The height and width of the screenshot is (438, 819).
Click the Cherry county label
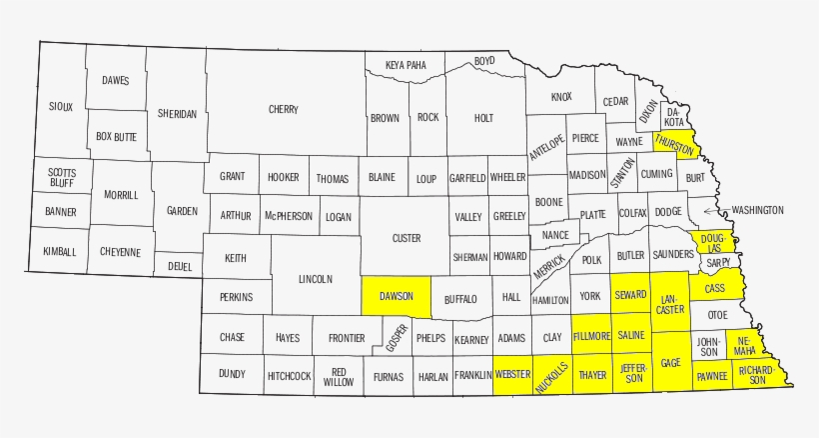[x=284, y=110]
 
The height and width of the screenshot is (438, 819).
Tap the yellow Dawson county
[x=396, y=297]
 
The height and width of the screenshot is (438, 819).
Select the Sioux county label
[x=61, y=106]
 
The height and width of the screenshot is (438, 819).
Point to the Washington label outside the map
[x=757, y=211]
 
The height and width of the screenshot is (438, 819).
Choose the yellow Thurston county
[x=674, y=144]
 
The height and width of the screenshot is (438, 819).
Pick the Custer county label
[x=406, y=238]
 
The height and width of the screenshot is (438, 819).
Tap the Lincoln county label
[x=315, y=279]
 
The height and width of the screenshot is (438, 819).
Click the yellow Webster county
[x=512, y=375]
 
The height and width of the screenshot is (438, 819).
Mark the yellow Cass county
[x=714, y=288]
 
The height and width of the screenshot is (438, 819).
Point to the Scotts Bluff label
[x=61, y=178]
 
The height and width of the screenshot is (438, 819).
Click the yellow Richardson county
[x=756, y=375]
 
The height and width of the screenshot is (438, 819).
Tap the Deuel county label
[x=180, y=267]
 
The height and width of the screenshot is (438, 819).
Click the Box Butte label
[x=116, y=136]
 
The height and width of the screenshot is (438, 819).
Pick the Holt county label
[x=483, y=118]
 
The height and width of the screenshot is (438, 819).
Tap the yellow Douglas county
[x=711, y=241]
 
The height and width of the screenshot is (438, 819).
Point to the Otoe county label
[x=717, y=314]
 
